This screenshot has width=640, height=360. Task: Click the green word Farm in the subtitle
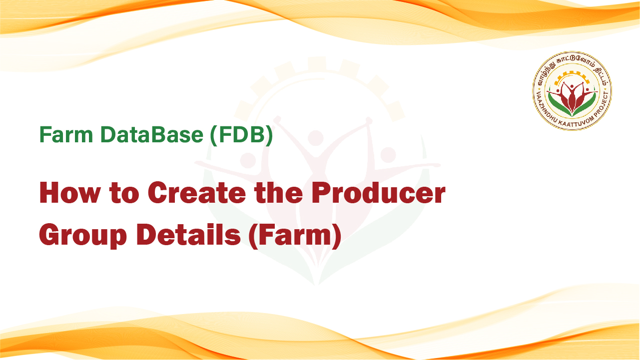point(66,134)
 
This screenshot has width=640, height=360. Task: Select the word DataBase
point(152,134)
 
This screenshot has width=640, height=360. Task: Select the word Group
point(83,235)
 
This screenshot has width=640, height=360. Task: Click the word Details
point(188,234)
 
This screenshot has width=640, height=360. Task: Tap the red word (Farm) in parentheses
point(295,235)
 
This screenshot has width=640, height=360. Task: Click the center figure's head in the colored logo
point(572,86)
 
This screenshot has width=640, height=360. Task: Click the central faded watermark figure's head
point(315,138)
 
